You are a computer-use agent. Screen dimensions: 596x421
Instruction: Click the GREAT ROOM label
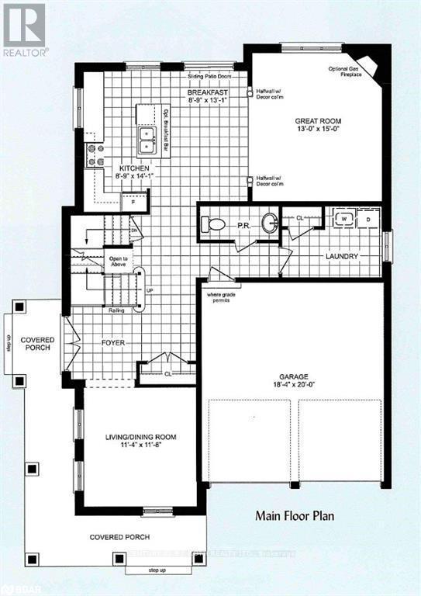coord(317,121)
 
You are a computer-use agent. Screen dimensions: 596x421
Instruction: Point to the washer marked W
coord(342,219)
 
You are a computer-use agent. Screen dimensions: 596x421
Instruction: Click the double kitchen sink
coord(147,140)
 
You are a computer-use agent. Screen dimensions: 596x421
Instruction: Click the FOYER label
coord(113,342)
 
